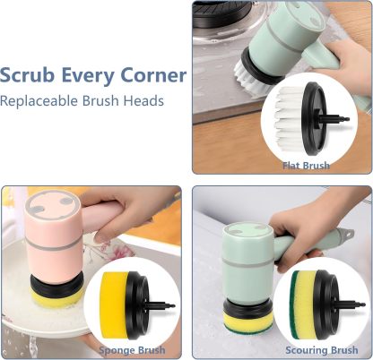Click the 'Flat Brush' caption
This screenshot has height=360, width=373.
tap(306, 166)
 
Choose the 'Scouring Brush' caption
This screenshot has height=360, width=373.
tap(321, 349)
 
